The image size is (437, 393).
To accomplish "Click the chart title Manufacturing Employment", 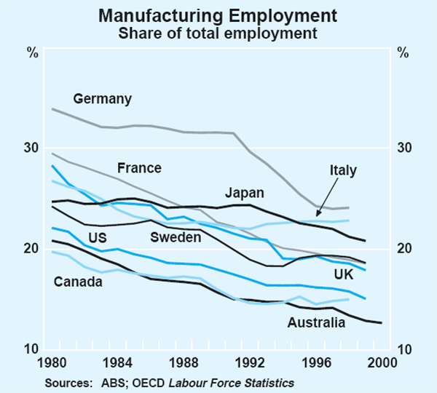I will (x=219, y=15).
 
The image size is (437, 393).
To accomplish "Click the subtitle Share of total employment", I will (x=219, y=31).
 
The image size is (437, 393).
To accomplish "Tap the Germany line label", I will (x=102, y=99).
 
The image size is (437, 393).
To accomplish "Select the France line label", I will (x=138, y=168).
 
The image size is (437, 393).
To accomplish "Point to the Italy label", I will (x=343, y=170).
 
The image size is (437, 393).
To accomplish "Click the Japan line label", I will (x=245, y=193).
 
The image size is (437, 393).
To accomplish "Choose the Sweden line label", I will (x=176, y=237).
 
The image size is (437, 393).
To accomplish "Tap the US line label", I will (x=97, y=237).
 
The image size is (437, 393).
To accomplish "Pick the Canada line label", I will (x=77, y=282).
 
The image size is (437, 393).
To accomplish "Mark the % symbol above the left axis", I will (x=32, y=52).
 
